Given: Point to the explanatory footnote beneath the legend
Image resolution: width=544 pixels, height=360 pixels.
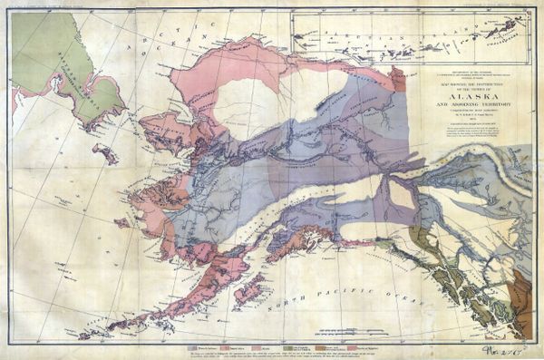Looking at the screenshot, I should (x=272, y=354).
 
